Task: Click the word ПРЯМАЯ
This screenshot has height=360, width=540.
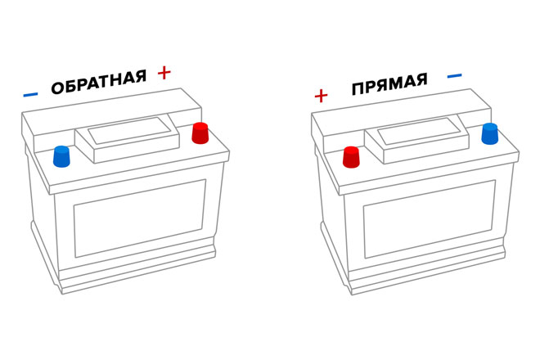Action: (x=390, y=86)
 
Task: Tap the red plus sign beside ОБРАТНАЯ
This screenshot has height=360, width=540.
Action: (x=164, y=73)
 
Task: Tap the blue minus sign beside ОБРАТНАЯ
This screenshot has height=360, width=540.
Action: (x=30, y=94)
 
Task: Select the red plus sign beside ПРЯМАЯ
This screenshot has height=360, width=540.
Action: (x=321, y=96)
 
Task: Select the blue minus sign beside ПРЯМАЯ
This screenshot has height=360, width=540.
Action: (x=455, y=76)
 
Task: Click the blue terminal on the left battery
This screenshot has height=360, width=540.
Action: (x=61, y=155)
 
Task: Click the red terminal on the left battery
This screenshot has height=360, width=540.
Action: (x=200, y=133)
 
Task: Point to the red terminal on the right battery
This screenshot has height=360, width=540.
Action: (x=352, y=156)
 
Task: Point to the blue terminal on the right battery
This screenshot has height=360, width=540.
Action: (x=490, y=133)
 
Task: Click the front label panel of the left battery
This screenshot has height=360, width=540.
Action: (x=138, y=216)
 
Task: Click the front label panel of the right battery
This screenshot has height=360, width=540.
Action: (x=430, y=217)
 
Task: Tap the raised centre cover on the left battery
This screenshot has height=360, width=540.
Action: (x=129, y=136)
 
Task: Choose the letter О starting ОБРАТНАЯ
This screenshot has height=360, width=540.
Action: (x=57, y=89)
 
